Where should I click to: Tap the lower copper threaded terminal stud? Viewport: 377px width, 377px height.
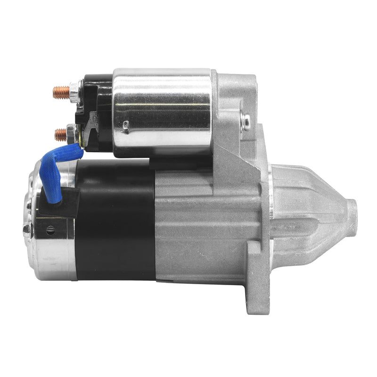click(60, 135)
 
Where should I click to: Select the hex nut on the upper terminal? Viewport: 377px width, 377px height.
click(74, 92)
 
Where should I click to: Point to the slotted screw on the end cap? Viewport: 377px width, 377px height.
click(50, 230)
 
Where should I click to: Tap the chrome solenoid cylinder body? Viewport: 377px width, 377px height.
click(163, 111)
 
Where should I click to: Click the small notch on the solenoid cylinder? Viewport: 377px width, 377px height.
click(126, 125)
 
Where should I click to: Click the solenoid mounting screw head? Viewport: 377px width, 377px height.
click(246, 121)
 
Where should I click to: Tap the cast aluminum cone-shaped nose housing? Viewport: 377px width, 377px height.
click(311, 212)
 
